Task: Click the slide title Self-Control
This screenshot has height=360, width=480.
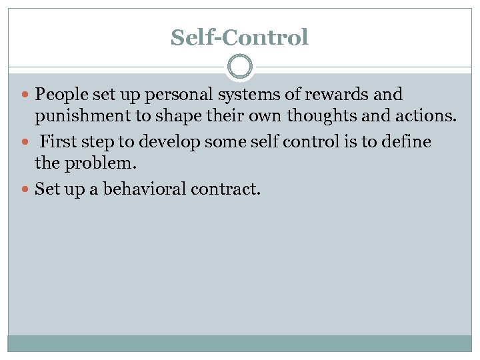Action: pos(239,37)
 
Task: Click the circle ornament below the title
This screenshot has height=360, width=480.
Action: pos(240,67)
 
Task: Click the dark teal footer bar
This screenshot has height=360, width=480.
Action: pos(239,343)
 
